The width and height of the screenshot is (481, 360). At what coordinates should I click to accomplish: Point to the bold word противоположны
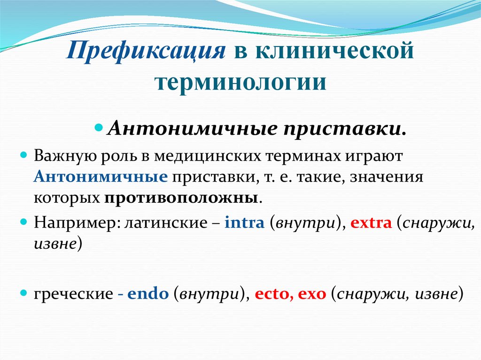tap(181, 197)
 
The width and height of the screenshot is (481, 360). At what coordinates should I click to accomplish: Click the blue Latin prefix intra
tap(244, 222)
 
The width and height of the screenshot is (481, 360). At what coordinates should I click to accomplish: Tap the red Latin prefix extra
tap(371, 222)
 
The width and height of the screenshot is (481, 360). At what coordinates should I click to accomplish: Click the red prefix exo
tap(312, 294)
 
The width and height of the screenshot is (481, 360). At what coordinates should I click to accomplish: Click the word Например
tap(75, 222)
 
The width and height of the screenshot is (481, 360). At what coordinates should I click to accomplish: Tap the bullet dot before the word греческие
tap(24, 293)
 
